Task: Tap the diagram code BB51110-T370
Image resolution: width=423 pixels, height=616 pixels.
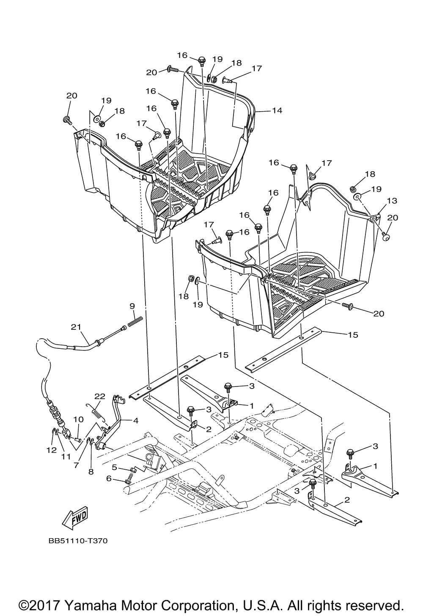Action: [x=78, y=541]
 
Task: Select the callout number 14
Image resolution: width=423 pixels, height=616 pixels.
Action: [x=277, y=110]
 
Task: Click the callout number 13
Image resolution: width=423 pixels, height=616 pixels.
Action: [x=392, y=201]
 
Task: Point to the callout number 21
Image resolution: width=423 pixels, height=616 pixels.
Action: [x=76, y=327]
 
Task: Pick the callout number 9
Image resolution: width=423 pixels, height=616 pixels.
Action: [x=132, y=306]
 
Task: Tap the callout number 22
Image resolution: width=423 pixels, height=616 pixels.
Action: [x=100, y=396]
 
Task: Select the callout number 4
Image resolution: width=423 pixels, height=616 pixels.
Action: [x=135, y=421]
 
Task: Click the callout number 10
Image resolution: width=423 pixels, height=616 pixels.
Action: [x=78, y=420]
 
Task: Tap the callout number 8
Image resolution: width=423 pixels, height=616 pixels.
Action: [x=91, y=472]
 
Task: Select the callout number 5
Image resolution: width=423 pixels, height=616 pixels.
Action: [x=115, y=467]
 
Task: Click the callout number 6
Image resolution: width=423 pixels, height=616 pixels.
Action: [x=109, y=479]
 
